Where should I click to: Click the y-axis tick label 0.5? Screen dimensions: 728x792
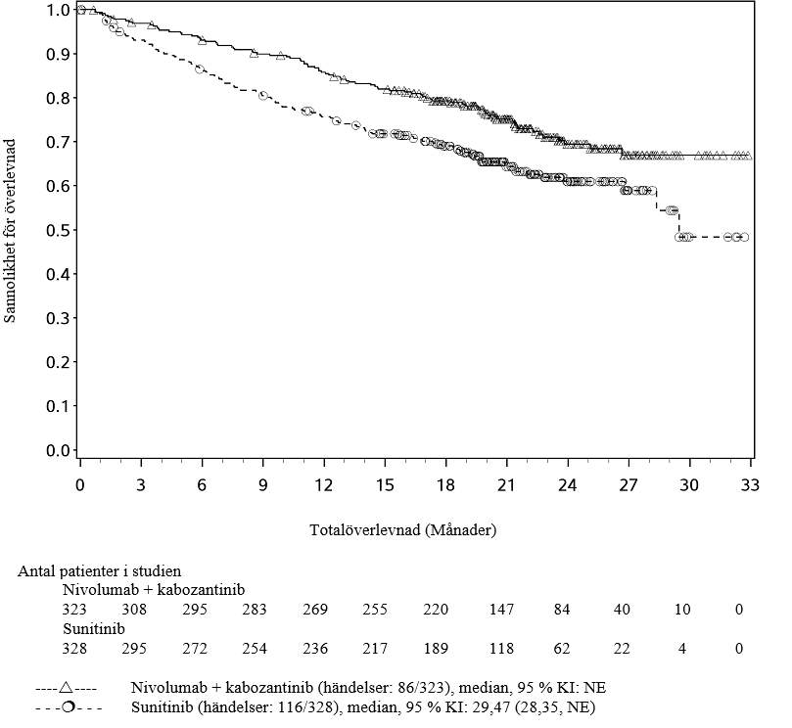(57, 230)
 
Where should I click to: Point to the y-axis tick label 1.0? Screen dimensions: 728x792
(57, 10)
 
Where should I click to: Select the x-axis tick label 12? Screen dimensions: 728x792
(323, 486)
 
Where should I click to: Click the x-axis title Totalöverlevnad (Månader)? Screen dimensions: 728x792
(403, 531)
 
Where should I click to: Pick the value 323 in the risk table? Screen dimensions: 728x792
(75, 610)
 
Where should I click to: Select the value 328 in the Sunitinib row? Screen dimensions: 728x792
(75, 648)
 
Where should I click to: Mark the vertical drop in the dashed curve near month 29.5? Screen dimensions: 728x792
(677, 223)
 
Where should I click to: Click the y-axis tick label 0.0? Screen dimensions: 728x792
(57, 451)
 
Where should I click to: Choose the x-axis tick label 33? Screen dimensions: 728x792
(750, 486)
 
